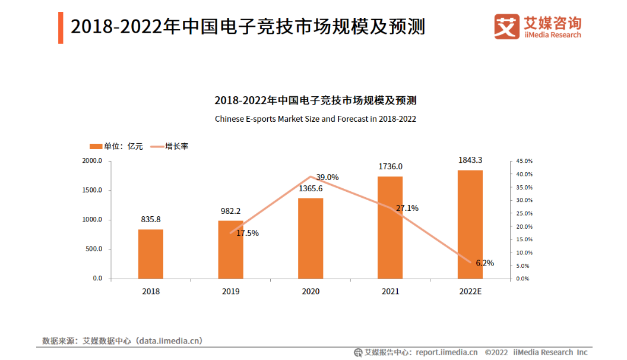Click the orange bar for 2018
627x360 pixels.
coord(151,254)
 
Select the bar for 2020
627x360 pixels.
coord(311,238)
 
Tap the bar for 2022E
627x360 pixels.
coord(470,224)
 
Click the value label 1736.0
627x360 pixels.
coord(390,166)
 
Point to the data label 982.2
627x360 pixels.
coord(231,211)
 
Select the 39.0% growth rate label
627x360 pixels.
coord(327,177)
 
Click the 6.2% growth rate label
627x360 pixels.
coord(484,263)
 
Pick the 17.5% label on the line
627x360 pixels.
coord(248,233)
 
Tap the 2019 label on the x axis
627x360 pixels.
coord(231,291)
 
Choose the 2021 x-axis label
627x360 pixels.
coord(390,291)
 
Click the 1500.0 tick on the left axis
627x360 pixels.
coord(92,190)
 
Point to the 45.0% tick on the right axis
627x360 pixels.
coord(524,161)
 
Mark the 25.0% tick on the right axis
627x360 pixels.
coord(524,213)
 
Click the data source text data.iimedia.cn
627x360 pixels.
coord(169,340)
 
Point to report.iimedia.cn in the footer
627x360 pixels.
coord(446,352)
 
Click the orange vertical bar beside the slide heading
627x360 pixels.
coord(61,27)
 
